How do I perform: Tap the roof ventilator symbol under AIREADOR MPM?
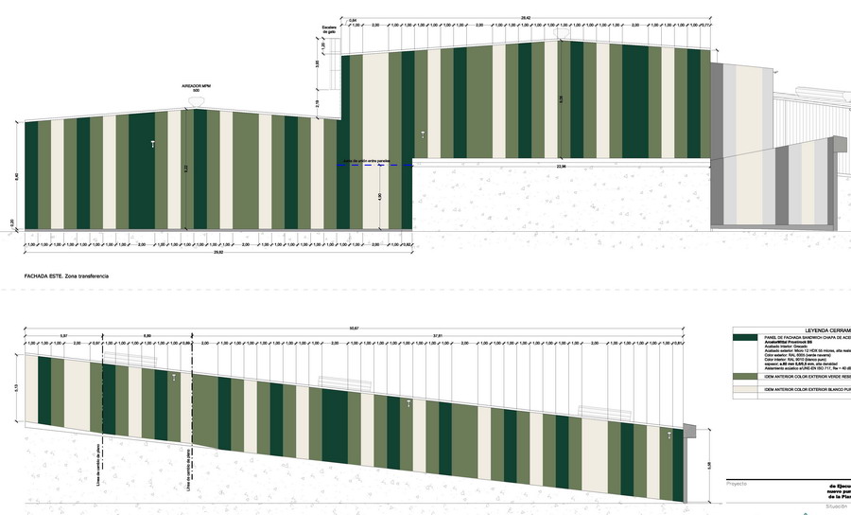pyautogui.click(x=195, y=100)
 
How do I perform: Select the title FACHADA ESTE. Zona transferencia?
pyautogui.click(x=66, y=275)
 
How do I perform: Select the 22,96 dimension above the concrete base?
pyautogui.click(x=562, y=167)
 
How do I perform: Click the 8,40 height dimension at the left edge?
pyautogui.click(x=17, y=176)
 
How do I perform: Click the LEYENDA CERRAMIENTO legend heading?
pyautogui.click(x=823, y=320)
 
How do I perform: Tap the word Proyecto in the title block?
pyautogui.click(x=737, y=483)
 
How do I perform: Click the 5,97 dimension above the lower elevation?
pyautogui.click(x=63, y=336)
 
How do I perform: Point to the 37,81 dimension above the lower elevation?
pyautogui.click(x=438, y=336)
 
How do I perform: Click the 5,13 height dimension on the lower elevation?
pyautogui.click(x=17, y=388)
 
